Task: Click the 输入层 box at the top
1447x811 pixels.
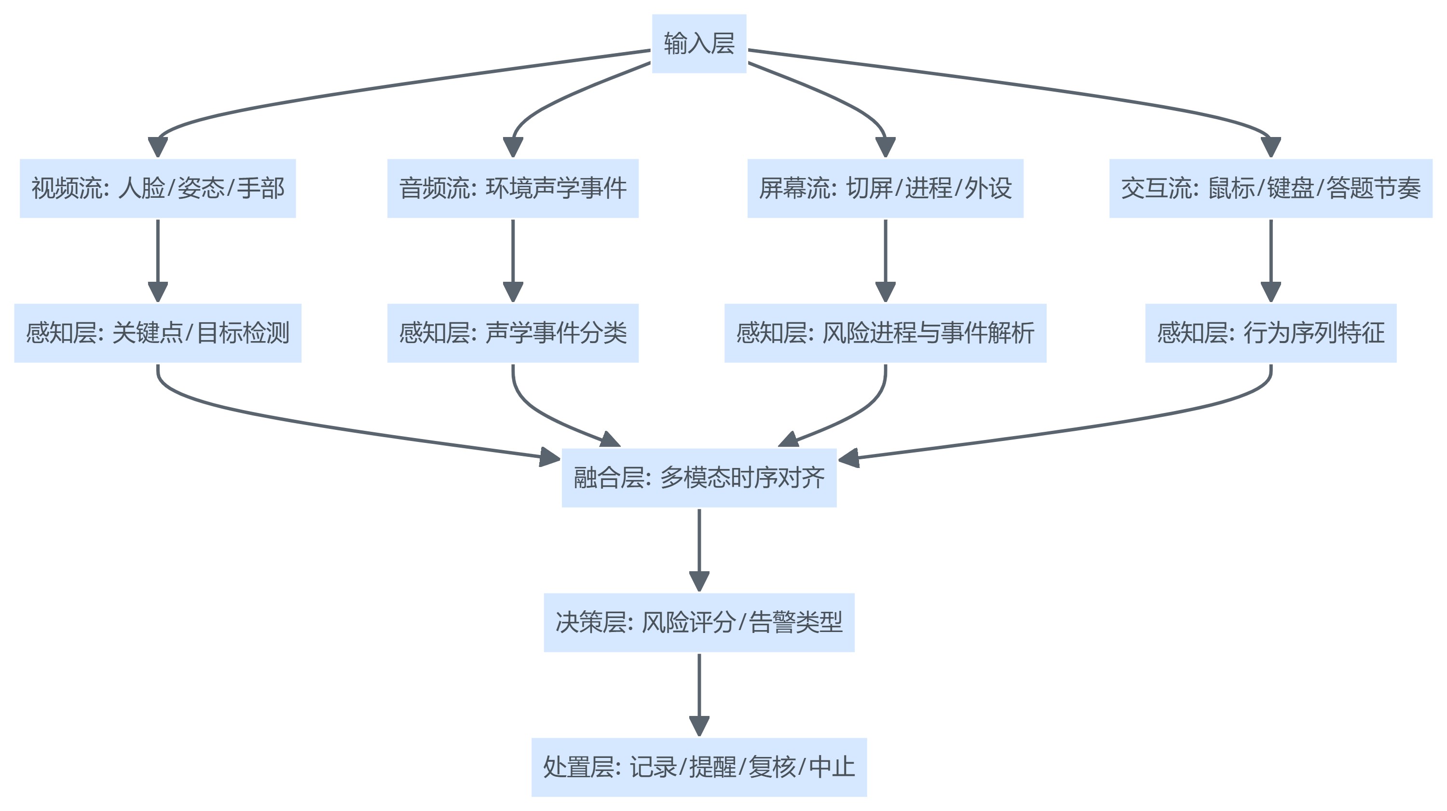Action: (x=699, y=43)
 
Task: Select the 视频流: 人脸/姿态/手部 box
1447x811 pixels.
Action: (x=157, y=188)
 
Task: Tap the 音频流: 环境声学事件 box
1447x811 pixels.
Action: (x=512, y=188)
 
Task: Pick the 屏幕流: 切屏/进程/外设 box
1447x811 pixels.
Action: (x=885, y=188)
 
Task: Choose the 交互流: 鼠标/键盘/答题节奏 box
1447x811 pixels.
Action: (x=1270, y=188)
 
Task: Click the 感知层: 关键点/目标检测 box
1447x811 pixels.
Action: (x=157, y=333)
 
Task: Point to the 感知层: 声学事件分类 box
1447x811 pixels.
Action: (x=512, y=333)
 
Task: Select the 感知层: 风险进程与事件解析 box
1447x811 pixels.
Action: (x=885, y=333)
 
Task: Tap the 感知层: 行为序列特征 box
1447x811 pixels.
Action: (x=1270, y=333)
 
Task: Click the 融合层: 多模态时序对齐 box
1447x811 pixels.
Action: (x=699, y=478)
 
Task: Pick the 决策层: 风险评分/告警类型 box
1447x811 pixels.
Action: (x=699, y=622)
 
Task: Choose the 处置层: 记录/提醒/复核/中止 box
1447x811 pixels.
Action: (x=699, y=767)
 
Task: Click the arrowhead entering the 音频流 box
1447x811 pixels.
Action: (x=513, y=147)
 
